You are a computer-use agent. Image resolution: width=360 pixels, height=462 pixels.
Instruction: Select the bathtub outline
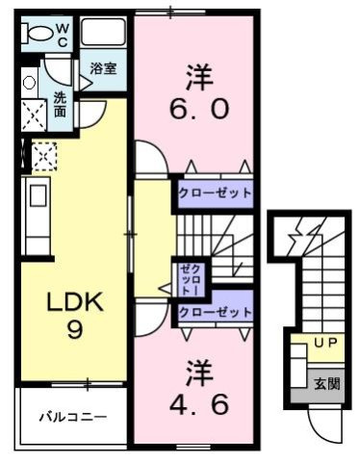tap(104, 33)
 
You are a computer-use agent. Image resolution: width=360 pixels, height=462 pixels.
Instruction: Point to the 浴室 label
tap(104, 68)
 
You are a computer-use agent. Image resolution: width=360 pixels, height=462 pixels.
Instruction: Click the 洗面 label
tap(60, 104)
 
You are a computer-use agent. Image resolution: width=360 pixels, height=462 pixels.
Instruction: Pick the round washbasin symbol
tap(29, 82)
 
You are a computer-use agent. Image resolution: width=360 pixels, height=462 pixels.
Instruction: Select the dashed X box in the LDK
tap(44, 154)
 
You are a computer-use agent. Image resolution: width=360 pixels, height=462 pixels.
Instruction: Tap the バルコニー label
tap(73, 417)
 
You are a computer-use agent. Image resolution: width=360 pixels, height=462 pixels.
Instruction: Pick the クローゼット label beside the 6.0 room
tap(215, 192)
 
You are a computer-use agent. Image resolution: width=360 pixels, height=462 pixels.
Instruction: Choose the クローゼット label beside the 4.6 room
tap(215, 313)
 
